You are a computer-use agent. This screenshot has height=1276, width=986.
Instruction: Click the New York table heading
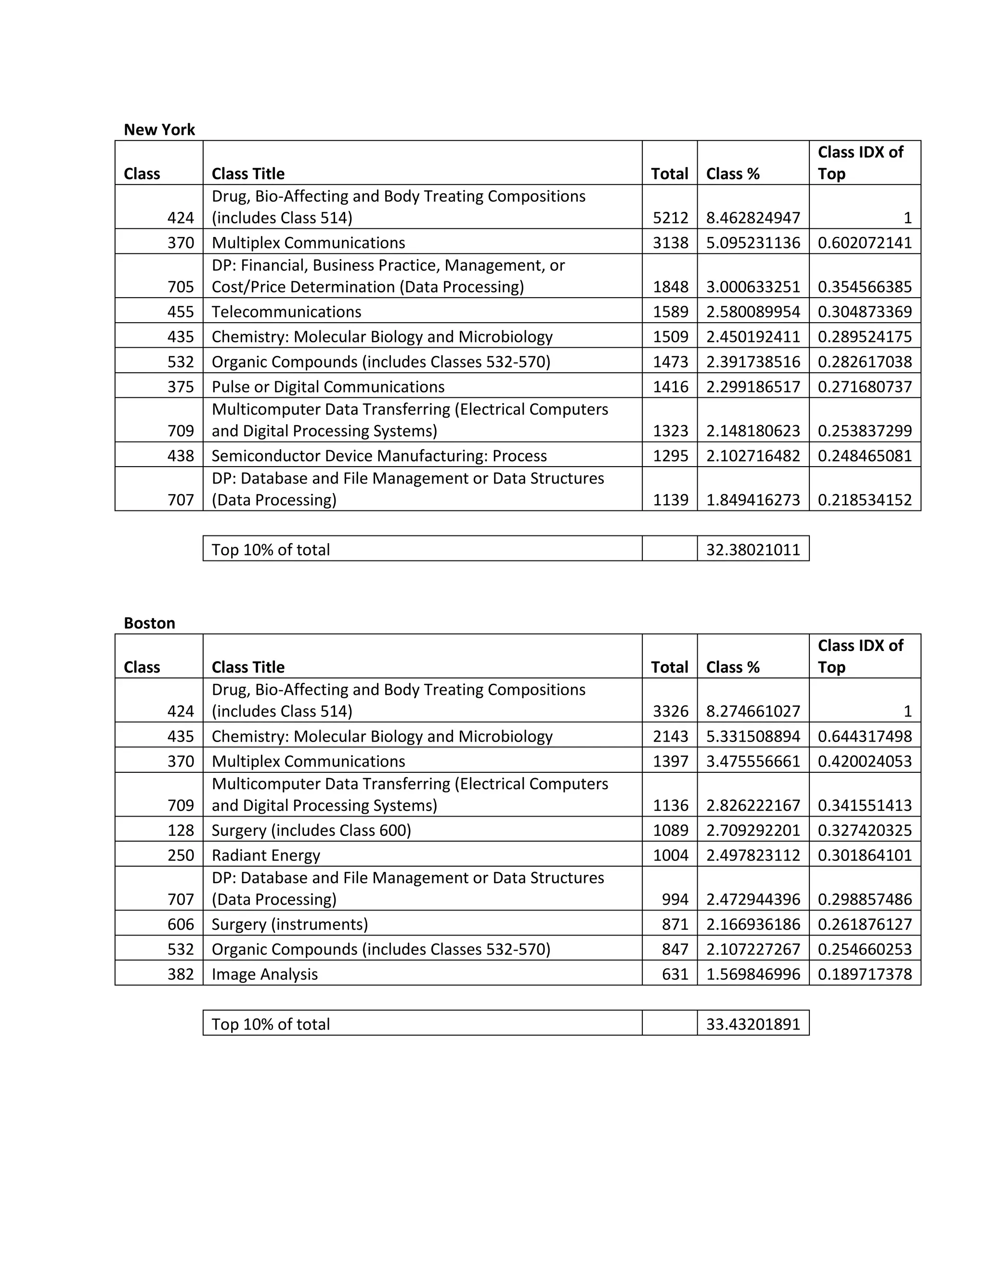pyautogui.click(x=159, y=130)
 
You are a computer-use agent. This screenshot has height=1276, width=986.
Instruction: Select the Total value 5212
pyautogui.click(x=670, y=218)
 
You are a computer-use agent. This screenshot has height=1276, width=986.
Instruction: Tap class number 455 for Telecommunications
pyautogui.click(x=181, y=312)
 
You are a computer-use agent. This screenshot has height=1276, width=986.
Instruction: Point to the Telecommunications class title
pyautogui.click(x=286, y=312)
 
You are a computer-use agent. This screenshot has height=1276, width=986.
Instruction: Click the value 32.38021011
pyautogui.click(x=752, y=550)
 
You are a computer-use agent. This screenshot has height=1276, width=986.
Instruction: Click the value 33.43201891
pyautogui.click(x=752, y=1024)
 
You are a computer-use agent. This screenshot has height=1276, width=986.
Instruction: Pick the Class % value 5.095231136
pyautogui.click(x=752, y=243)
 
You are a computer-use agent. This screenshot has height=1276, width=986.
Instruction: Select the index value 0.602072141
pyautogui.click(x=865, y=243)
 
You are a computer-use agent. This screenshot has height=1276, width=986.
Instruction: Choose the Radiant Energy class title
pyautogui.click(x=266, y=855)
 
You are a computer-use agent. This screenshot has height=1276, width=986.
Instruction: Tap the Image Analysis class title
pyautogui.click(x=265, y=974)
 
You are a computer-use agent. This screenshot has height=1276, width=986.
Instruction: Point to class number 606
pyautogui.click(x=181, y=924)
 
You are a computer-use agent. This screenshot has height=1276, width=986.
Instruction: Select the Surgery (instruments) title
pyautogui.click(x=290, y=924)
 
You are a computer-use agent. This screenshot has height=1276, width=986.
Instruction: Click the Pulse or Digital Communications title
pyautogui.click(x=328, y=387)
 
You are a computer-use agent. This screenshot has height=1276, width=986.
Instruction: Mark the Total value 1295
pyautogui.click(x=670, y=456)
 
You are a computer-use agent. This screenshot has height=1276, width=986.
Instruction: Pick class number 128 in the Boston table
pyautogui.click(x=181, y=830)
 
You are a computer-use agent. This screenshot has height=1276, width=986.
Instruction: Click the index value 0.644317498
pyautogui.click(x=865, y=736)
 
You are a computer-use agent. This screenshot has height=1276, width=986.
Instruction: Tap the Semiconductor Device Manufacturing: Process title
pyautogui.click(x=379, y=456)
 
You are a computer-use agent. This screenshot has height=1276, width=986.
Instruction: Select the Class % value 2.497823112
pyautogui.click(x=752, y=855)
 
